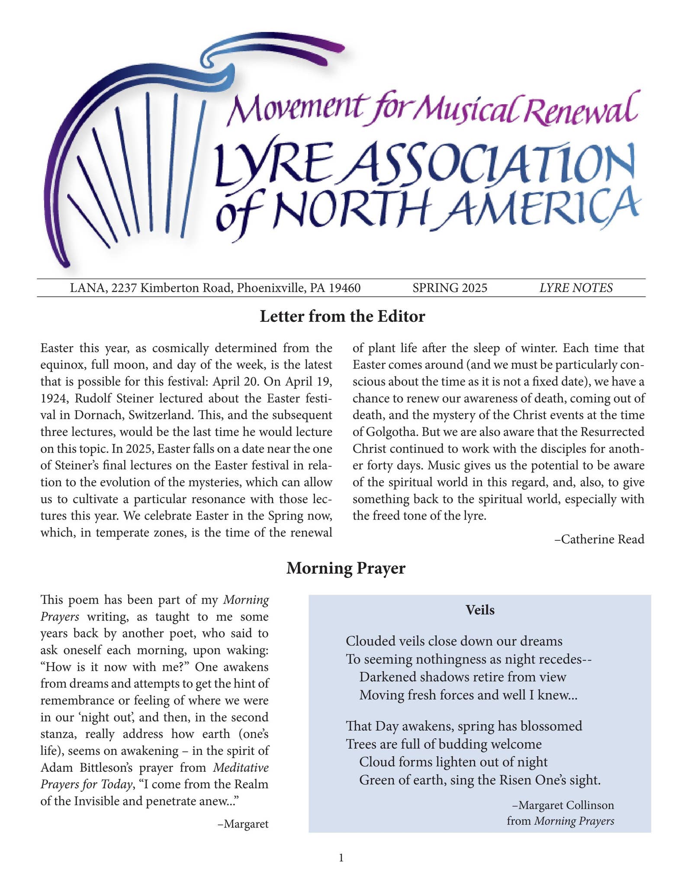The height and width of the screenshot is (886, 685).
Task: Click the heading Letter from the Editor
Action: click(x=342, y=317)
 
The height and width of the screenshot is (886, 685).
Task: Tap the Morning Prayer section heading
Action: click(x=346, y=568)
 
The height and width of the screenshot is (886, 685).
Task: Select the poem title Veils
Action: click(x=480, y=610)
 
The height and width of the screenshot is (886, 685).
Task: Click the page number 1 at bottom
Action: click(x=341, y=857)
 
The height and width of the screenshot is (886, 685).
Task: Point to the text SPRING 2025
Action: click(x=450, y=288)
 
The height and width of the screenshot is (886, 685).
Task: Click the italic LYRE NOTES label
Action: click(x=576, y=288)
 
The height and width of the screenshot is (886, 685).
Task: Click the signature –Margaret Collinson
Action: click(x=563, y=805)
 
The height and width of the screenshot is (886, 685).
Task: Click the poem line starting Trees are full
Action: click(x=444, y=744)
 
